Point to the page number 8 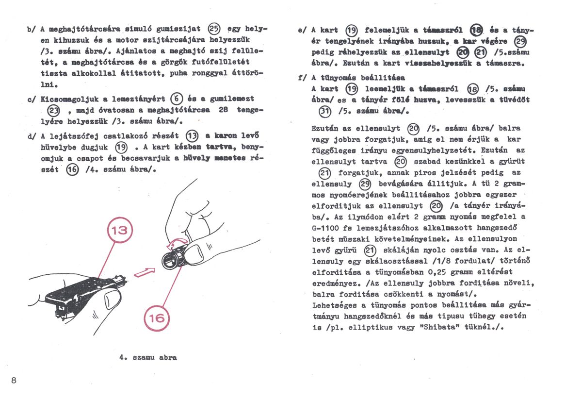[x=14, y=380]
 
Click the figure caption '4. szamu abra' [x=148, y=357]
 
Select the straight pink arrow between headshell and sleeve [x=145, y=272]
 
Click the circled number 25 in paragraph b [x=213, y=29]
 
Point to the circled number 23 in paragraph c [x=49, y=110]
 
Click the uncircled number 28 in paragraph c [x=223, y=110]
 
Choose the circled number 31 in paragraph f [x=324, y=111]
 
